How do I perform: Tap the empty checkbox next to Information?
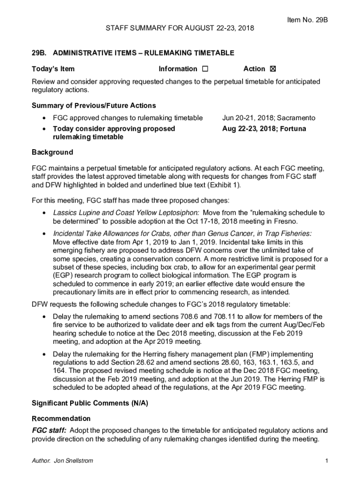(x=205, y=69)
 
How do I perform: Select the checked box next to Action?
(x=273, y=69)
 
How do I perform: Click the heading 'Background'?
(x=52, y=152)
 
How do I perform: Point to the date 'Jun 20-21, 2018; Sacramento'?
(x=268, y=118)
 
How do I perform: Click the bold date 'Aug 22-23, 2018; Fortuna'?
(x=264, y=128)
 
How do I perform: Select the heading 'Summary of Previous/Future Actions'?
(x=94, y=105)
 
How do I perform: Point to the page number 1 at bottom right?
(x=326, y=461)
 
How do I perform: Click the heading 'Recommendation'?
(x=61, y=418)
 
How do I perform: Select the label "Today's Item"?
(x=53, y=69)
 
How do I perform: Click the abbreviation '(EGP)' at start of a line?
(x=63, y=276)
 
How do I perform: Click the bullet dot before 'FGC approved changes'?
(x=43, y=118)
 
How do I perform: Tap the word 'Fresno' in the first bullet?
(x=286, y=221)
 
